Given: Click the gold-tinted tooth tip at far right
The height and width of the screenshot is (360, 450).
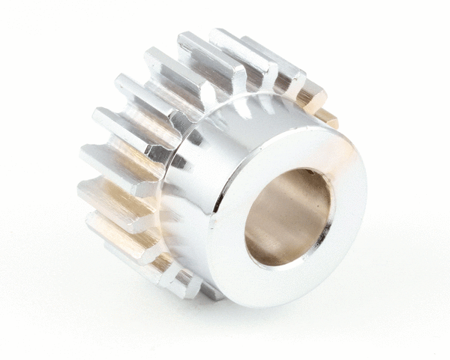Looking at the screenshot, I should [x=327, y=117].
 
